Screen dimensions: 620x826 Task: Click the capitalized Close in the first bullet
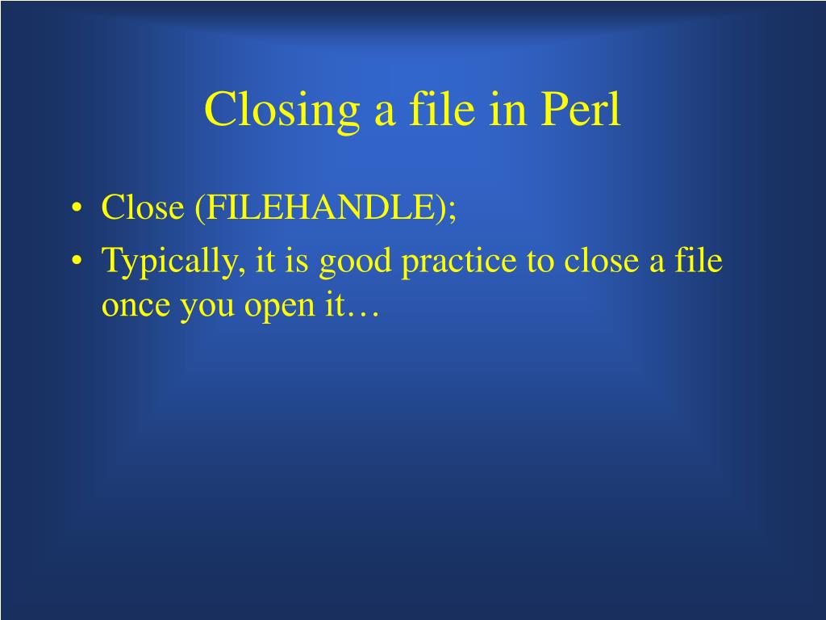[x=143, y=208]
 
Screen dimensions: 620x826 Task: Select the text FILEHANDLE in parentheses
[x=322, y=208]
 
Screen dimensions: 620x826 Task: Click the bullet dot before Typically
[x=77, y=262]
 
